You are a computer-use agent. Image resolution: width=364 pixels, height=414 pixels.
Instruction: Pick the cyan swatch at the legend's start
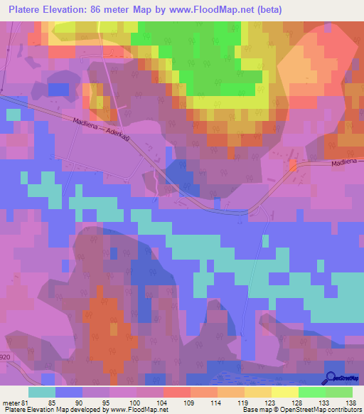(42, 391)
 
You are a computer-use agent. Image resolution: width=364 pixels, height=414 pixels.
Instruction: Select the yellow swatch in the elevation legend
(285, 391)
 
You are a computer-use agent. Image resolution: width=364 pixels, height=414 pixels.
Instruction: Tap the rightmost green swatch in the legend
(339, 391)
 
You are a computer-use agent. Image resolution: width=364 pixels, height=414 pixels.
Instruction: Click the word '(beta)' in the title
(270, 10)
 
